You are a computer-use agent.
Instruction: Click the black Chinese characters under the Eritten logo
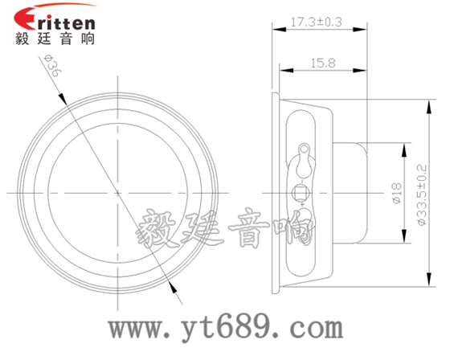click(x=55, y=39)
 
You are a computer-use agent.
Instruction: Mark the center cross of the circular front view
click(x=118, y=193)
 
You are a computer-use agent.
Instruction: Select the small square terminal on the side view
click(x=302, y=192)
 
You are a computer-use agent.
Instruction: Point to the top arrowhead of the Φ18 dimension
click(x=401, y=147)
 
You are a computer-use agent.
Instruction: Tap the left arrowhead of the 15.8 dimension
click(x=284, y=71)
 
